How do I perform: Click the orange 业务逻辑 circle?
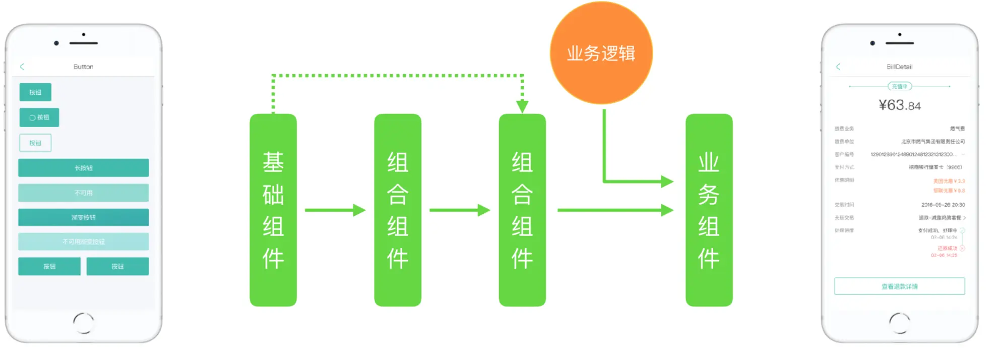click(601, 53)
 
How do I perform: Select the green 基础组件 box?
click(273, 210)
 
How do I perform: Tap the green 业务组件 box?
click(709, 210)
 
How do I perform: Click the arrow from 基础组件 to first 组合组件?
click(335, 210)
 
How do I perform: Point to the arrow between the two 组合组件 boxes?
click(460, 210)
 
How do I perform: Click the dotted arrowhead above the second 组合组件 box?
click(522, 106)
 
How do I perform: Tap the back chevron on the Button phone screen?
click(22, 67)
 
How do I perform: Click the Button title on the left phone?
click(83, 67)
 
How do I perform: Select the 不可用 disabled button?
click(83, 193)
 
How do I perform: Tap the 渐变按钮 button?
click(83, 217)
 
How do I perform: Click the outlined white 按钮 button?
click(35, 143)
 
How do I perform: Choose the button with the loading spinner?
click(39, 117)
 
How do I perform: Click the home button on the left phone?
click(83, 323)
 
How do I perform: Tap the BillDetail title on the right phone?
click(899, 67)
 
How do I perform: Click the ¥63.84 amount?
click(899, 105)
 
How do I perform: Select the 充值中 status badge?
click(899, 86)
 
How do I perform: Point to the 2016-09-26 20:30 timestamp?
click(943, 205)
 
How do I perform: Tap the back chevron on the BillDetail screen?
click(838, 67)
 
